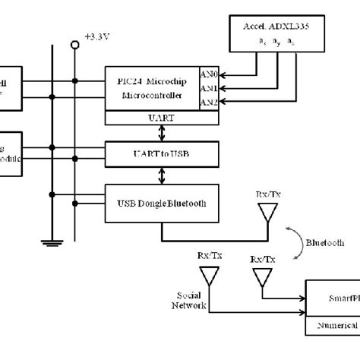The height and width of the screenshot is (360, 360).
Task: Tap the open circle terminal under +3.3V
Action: coord(75,46)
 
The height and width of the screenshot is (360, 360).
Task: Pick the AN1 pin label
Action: coord(208,88)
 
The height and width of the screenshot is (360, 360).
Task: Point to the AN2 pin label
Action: coord(208,102)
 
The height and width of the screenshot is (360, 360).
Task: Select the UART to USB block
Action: coord(163,154)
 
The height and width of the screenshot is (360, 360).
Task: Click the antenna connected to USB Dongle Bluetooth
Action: coord(267,215)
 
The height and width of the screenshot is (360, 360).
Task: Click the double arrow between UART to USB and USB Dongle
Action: coord(163,176)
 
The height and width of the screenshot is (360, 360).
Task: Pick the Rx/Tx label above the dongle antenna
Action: coord(267,195)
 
